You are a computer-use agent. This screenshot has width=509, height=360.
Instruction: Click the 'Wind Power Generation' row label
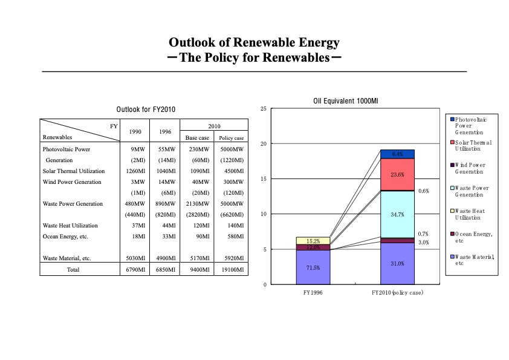[73, 182]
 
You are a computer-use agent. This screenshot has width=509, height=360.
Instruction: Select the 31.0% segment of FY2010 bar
[397, 263]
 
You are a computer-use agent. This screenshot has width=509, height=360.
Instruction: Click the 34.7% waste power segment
[397, 214]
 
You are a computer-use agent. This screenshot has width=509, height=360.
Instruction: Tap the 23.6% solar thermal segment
[397, 174]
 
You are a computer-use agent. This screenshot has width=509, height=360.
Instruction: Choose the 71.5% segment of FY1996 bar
[313, 267]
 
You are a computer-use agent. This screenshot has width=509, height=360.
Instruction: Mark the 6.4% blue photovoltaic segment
[397, 154]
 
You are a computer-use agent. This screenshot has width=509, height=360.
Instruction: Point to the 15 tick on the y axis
[262, 178]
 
